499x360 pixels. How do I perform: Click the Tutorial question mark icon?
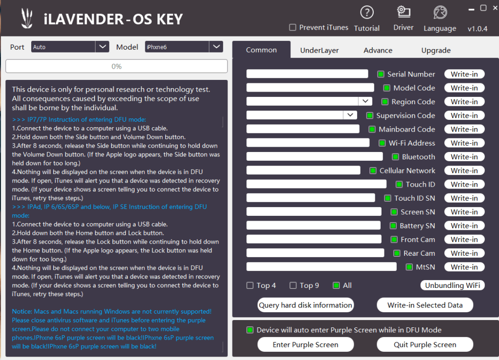point(366,12)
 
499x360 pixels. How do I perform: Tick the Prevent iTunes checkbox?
point(292,27)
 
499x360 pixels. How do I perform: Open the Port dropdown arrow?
point(102,47)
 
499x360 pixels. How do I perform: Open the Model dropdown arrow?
point(216,47)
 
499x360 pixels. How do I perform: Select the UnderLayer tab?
point(319,50)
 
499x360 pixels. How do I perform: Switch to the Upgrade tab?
point(436,50)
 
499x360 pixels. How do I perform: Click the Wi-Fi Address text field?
point(308,143)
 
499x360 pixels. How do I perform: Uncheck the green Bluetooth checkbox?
point(395,157)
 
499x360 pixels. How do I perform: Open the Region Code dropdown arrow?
point(365,101)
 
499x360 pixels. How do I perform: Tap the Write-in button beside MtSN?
point(464,267)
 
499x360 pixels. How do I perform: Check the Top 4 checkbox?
point(250,285)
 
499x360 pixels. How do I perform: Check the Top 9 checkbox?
point(293,285)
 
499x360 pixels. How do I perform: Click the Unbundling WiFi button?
point(453,285)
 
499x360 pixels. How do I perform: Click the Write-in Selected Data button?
point(425,305)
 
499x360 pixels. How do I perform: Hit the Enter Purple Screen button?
point(306,344)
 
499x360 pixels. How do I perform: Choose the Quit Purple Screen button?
point(425,344)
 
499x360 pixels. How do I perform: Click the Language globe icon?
point(440,12)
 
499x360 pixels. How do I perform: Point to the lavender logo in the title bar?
point(27,18)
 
